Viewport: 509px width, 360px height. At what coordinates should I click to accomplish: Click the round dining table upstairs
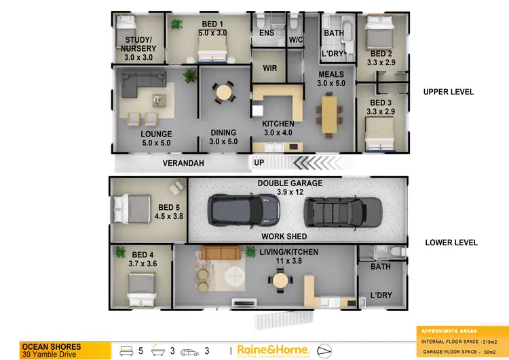pos(223,92)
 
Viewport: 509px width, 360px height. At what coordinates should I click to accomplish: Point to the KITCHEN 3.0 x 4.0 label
pos(278,128)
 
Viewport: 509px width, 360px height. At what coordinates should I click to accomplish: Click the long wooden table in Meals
pos(330,114)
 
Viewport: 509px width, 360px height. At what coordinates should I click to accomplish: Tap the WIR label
pos(270,68)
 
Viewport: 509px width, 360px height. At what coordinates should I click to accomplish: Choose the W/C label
pos(296,40)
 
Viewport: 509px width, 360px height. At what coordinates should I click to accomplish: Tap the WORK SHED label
pos(284,236)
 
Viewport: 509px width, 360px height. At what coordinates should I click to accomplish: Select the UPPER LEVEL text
pos(449,92)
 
